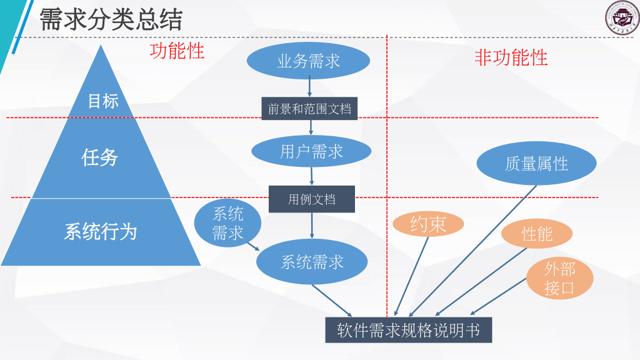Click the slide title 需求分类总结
[111, 20]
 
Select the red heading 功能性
[177, 51]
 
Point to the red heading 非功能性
[511, 58]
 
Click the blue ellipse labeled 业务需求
[308, 61]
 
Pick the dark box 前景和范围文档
[309, 109]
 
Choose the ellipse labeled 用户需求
[311, 151]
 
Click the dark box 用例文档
[311, 199]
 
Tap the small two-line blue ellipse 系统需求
[227, 223]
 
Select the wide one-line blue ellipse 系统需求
[312, 262]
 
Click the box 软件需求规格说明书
[408, 330]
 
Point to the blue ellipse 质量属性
[536, 164]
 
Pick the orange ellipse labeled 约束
[428, 224]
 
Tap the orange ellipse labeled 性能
[537, 234]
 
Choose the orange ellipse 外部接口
[559, 279]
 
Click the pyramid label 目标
[102, 101]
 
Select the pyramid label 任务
[100, 157]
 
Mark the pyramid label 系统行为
[100, 232]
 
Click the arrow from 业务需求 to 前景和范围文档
[309, 86]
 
